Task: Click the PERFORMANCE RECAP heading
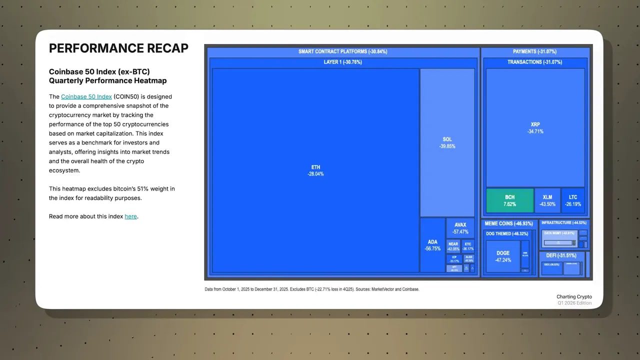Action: pos(118,48)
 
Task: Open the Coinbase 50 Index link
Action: pos(86,96)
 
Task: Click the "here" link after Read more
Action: pos(130,216)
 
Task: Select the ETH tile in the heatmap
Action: pos(315,170)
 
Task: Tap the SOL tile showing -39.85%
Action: pos(447,142)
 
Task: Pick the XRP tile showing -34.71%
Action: pos(535,127)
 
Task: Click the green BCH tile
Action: pos(509,200)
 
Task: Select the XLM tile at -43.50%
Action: pos(547,200)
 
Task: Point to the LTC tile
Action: pos(573,200)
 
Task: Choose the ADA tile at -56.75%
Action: pos(432,245)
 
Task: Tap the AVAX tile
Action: pos(460,228)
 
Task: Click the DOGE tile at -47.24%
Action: pos(503,256)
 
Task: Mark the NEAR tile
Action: pos(453,246)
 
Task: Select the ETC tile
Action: pos(467,246)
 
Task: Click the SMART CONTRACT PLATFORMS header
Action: pos(342,51)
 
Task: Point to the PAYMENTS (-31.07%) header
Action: pos(534,51)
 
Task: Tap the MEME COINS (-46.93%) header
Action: pos(509,223)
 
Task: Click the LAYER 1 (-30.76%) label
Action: pos(342,62)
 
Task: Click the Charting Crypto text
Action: pos(574,296)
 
